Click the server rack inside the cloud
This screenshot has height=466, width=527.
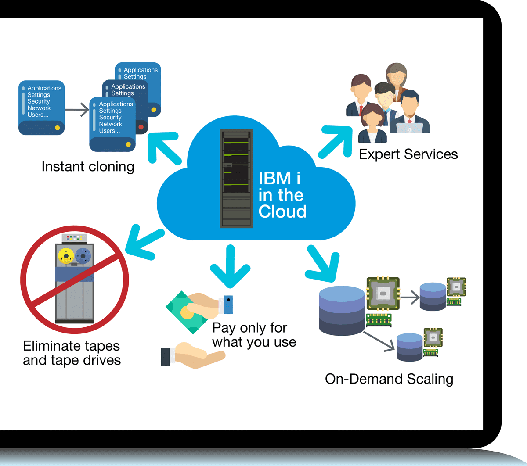[x=236, y=179]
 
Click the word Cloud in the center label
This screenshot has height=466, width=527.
[x=282, y=211]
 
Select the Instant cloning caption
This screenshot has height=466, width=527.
[x=88, y=167]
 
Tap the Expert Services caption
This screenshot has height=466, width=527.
[x=408, y=154]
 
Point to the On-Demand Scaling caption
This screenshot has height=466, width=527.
[x=389, y=379]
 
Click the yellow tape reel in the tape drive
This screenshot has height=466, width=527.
[x=66, y=255]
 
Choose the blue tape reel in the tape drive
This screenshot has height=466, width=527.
[x=83, y=255]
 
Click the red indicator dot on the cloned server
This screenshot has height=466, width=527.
[x=141, y=127]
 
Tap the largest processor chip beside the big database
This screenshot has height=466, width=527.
[x=383, y=294]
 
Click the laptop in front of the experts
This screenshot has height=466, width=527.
[x=409, y=128]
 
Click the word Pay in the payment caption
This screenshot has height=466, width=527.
[x=224, y=328]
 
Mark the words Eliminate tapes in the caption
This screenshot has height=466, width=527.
[x=71, y=346]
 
